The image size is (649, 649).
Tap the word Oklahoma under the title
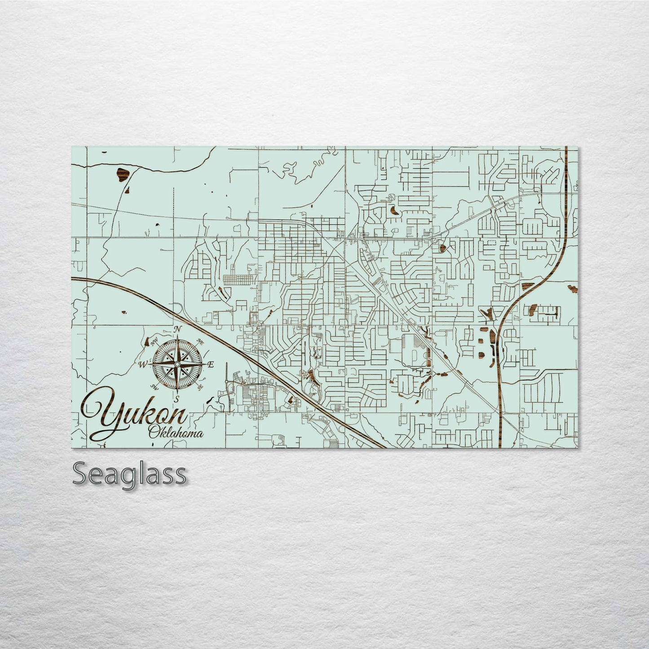[176, 433]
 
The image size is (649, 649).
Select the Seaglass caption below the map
[129, 474]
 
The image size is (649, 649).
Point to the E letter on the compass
[211, 364]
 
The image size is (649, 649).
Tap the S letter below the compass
[177, 398]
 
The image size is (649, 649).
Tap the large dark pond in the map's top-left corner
[122, 175]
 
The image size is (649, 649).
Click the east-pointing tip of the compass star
[204, 364]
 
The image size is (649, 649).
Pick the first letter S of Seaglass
[81, 474]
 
